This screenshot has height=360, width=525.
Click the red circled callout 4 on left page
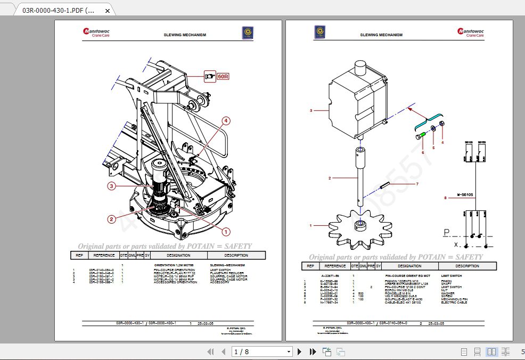(x=226, y=121)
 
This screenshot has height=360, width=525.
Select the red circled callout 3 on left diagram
(x=111, y=186)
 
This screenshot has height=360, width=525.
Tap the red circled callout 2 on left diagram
(x=111, y=218)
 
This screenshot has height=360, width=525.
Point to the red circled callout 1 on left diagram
(x=225, y=232)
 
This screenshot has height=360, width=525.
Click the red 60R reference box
(x=217, y=77)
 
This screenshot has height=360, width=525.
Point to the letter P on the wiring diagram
(x=446, y=232)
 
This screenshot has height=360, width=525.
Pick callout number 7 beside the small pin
(x=417, y=184)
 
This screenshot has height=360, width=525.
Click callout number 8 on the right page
(x=445, y=198)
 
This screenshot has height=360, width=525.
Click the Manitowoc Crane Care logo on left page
(x=96, y=33)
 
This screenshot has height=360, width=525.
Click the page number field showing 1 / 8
(x=262, y=351)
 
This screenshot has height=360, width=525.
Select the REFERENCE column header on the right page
(x=335, y=266)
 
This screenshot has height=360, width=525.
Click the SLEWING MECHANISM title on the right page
(x=381, y=35)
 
